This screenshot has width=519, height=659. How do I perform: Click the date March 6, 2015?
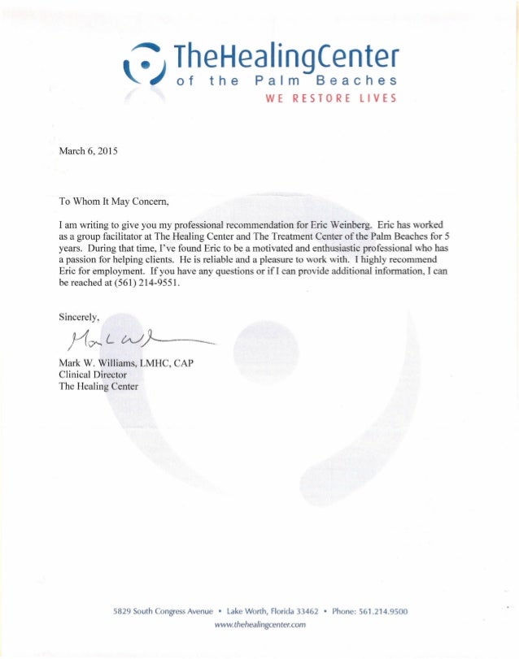(89, 152)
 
